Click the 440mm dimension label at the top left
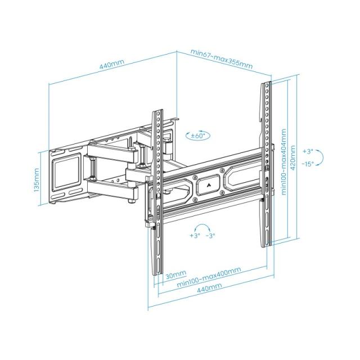[112, 65]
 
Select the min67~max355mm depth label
[222, 59]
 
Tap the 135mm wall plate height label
[36, 179]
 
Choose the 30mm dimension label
[176, 274]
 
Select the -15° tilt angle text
[308, 164]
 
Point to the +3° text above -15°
[307, 152]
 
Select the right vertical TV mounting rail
[266, 163]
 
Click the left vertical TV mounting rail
[157, 191]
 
